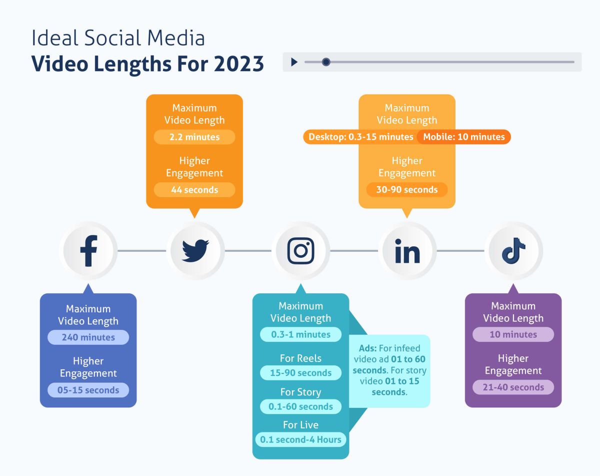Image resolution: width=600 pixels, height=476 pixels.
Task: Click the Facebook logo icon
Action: click(x=88, y=251)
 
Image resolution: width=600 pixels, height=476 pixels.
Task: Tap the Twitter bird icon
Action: click(x=195, y=251)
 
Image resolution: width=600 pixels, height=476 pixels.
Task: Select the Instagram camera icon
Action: click(x=301, y=251)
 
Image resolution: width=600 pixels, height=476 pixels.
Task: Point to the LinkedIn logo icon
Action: click(x=407, y=251)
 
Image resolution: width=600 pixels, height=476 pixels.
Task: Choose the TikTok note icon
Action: click(x=513, y=251)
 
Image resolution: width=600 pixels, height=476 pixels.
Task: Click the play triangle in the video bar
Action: click(x=294, y=62)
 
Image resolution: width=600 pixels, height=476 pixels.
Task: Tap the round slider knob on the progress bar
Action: click(x=326, y=62)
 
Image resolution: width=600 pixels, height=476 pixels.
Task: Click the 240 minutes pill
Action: click(x=88, y=337)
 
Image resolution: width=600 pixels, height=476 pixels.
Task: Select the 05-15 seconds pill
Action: click(x=88, y=390)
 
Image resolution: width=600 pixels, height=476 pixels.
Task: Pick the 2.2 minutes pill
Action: click(x=194, y=137)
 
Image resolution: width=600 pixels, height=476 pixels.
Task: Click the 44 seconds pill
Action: click(x=194, y=190)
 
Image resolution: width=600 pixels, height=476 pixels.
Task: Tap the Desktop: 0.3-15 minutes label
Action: click(x=360, y=137)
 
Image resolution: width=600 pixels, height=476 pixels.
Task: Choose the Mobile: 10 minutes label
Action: click(x=464, y=137)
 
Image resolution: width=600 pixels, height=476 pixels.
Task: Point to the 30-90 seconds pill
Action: click(x=407, y=190)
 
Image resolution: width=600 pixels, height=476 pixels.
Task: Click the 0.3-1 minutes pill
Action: click(x=300, y=334)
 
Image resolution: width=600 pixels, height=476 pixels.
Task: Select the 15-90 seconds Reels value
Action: click(x=300, y=373)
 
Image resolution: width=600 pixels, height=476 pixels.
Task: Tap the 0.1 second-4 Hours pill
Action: click(x=300, y=439)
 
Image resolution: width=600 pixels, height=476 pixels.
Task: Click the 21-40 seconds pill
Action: click(x=513, y=387)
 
